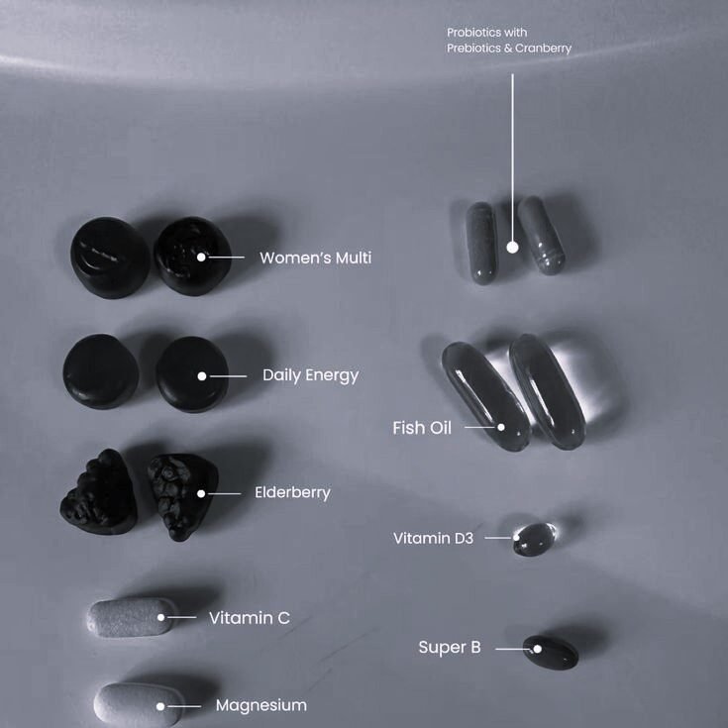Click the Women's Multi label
[x=316, y=258]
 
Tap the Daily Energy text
[x=311, y=375]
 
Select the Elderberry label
[x=292, y=492]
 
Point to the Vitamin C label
[x=250, y=618]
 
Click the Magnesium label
[x=261, y=705]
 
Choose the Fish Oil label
[x=422, y=428]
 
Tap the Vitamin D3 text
[x=433, y=538]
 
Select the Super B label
[x=450, y=647]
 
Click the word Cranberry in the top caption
[x=543, y=49]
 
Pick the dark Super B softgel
[x=551, y=653]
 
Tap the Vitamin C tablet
[x=132, y=618]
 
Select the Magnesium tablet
[x=138, y=705]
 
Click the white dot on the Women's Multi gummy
[x=201, y=257]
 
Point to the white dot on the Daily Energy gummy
[x=202, y=376]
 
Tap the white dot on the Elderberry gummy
[x=201, y=493]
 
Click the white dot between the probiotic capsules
[x=513, y=248]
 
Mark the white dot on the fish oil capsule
[x=501, y=427]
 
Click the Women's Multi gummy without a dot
[x=110, y=258]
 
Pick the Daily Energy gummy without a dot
[x=101, y=371]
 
